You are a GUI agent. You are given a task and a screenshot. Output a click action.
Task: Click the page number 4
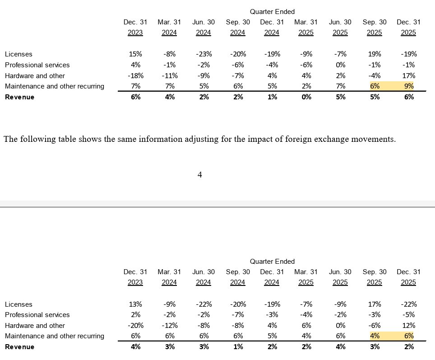(200, 175)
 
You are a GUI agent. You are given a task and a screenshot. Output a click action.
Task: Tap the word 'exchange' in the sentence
(331, 139)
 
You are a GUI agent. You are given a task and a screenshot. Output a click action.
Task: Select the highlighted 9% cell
(409, 86)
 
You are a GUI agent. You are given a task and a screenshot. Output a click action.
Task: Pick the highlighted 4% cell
(375, 336)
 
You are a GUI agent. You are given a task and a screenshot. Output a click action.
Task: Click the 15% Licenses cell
(135, 54)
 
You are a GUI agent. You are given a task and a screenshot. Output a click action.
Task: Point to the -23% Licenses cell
(204, 54)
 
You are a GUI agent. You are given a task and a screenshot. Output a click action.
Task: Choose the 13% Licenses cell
(135, 304)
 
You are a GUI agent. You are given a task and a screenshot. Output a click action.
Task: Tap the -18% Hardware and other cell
(135, 76)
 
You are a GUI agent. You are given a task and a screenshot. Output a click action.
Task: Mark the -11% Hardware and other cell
(170, 76)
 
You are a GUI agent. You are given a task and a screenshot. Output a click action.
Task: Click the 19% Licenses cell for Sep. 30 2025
(375, 54)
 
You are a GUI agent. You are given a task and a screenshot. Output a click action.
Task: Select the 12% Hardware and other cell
(409, 326)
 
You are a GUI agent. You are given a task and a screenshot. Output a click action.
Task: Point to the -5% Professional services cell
(409, 315)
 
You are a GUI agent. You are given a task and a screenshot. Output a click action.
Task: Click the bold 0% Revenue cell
(306, 97)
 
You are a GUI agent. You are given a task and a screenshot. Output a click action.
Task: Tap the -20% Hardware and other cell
(135, 326)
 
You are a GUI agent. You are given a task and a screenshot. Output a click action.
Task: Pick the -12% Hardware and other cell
(170, 326)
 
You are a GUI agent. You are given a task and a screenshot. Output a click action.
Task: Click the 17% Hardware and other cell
(409, 76)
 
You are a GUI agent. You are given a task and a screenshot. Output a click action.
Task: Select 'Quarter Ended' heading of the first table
(272, 12)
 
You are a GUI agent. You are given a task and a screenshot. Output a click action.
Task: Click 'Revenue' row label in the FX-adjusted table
(20, 346)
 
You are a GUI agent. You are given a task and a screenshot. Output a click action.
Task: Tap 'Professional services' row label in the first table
(37, 65)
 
